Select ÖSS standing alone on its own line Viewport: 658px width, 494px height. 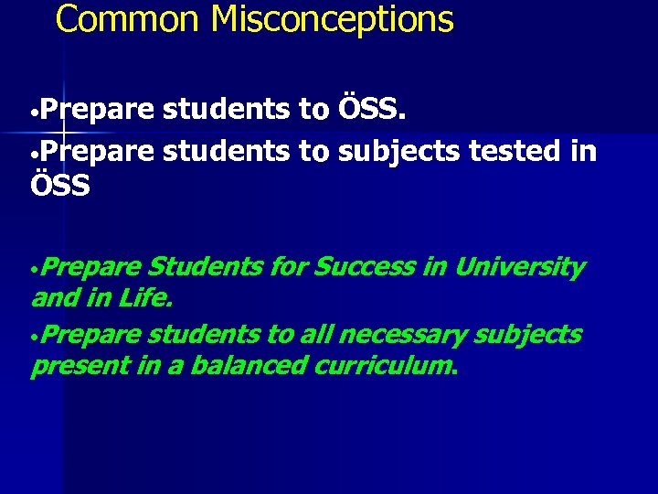click(x=60, y=186)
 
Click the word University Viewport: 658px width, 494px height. click(x=518, y=267)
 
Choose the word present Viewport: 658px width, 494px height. click(x=69, y=367)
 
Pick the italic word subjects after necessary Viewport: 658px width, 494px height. click(x=527, y=335)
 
